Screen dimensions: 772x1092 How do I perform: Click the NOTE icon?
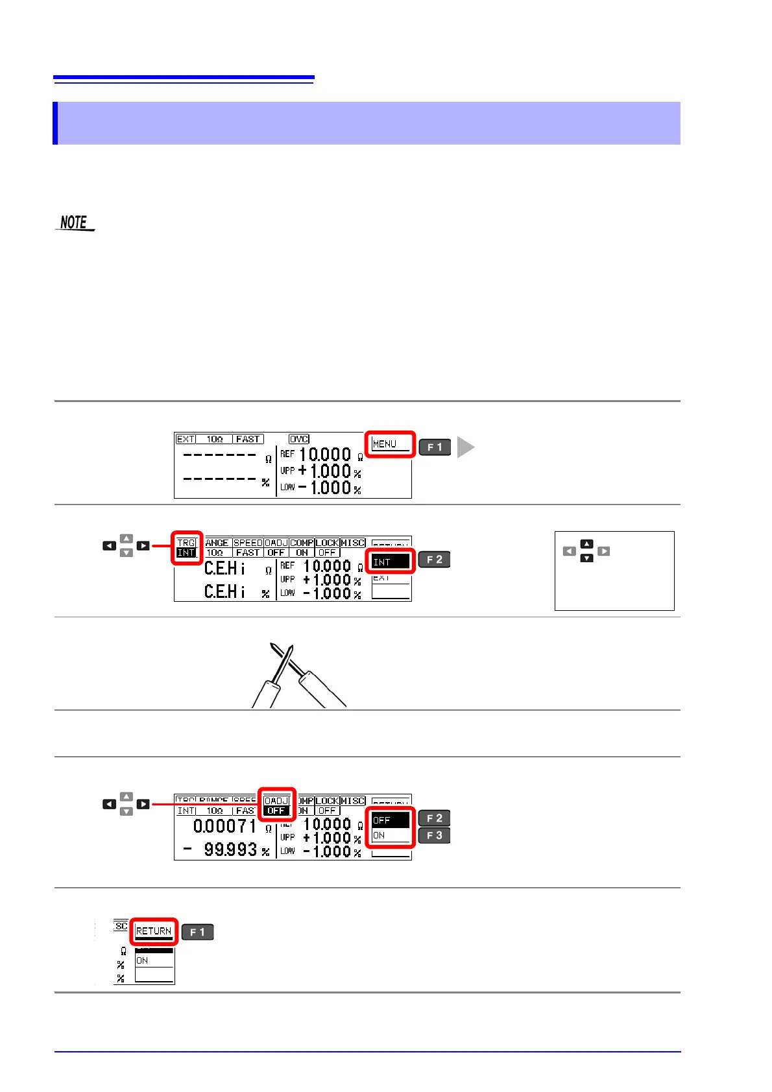(75, 222)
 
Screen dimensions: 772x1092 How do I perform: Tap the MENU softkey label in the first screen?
(390, 444)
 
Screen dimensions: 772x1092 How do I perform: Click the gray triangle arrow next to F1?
(465, 447)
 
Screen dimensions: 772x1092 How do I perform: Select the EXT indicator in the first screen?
(186, 439)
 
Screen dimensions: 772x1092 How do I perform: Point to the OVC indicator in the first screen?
(299, 439)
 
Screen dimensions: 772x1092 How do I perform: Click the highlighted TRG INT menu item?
(187, 548)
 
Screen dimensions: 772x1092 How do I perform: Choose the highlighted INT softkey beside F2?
(390, 562)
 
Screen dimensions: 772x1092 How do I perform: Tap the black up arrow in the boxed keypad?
(586, 544)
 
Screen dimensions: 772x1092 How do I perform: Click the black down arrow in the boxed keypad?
(586, 558)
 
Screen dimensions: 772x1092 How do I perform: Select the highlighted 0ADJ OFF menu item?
(276, 805)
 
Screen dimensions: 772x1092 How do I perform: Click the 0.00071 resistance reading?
(224, 826)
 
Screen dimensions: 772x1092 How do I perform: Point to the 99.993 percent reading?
(230, 849)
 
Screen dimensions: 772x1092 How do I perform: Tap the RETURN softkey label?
(154, 931)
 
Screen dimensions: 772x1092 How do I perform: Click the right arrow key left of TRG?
(143, 546)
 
